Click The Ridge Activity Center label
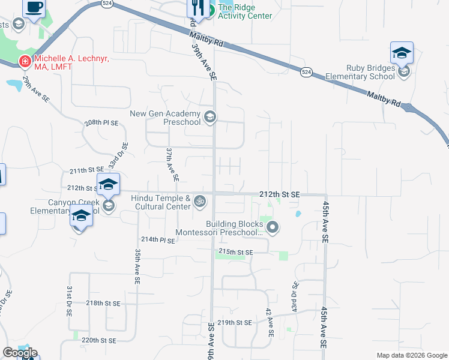[x=244, y=11]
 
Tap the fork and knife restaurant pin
[x=196, y=8]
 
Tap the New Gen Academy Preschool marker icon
[x=210, y=117]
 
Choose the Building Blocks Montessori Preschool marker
[x=273, y=227]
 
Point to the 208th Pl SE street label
[x=101, y=122]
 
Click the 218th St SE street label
[x=103, y=304]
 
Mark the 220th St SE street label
[x=98, y=340]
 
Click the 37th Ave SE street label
[x=172, y=164]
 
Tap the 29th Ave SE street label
[x=35, y=89]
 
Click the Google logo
[x=20, y=352]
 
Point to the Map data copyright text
[x=411, y=355]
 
